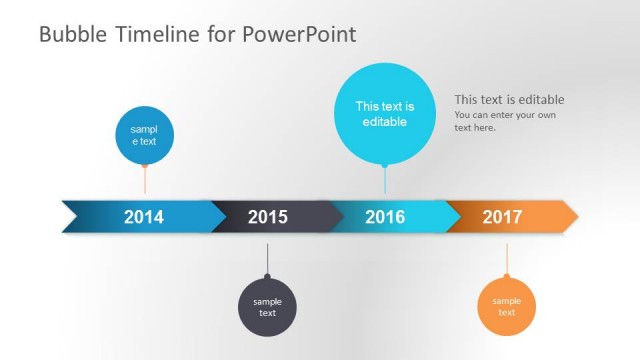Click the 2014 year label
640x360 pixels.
click(x=143, y=217)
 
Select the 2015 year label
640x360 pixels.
click(x=267, y=217)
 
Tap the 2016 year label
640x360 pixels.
click(x=385, y=217)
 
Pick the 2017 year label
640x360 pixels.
click(x=502, y=217)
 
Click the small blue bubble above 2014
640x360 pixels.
click(x=145, y=134)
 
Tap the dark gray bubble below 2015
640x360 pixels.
click(x=267, y=307)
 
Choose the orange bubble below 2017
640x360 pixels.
click(x=507, y=307)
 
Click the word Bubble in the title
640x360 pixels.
click(x=69, y=35)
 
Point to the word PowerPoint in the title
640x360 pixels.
click(x=299, y=35)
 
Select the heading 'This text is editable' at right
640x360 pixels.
click(x=509, y=99)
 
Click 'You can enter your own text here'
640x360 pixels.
click(x=504, y=121)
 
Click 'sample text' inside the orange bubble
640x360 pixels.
click(x=507, y=307)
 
